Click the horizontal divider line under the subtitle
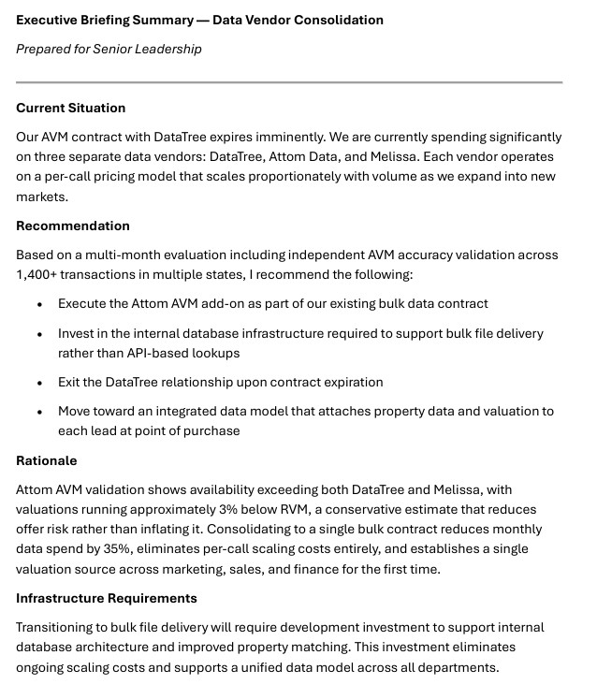click(x=289, y=83)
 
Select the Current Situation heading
click(x=70, y=108)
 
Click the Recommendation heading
click(x=73, y=226)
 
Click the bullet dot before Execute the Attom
click(x=39, y=304)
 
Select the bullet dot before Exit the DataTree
click(x=39, y=383)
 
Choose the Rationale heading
click(x=47, y=460)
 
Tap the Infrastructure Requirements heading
click(x=107, y=597)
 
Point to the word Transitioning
click(x=59, y=627)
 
